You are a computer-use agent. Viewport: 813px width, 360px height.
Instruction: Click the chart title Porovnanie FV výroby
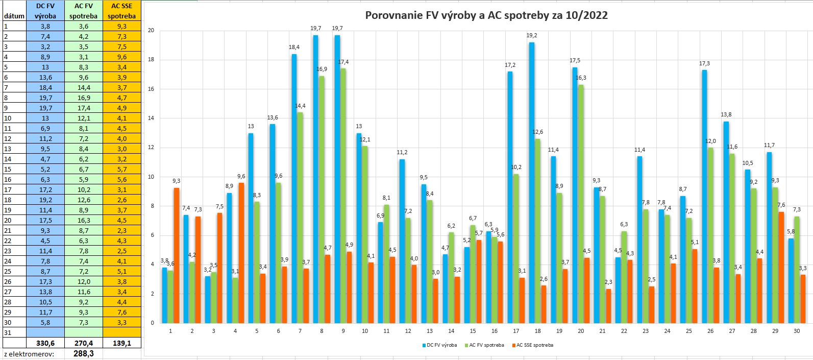tap(486, 15)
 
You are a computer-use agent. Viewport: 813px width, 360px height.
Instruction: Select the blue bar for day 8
tap(316, 179)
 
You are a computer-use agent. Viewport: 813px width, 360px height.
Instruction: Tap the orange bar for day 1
tap(176, 255)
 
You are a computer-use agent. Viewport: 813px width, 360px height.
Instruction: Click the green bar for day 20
tap(581, 204)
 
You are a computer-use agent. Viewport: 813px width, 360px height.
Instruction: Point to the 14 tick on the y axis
tap(151, 118)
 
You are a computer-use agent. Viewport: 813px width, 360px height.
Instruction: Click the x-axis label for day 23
tap(646, 331)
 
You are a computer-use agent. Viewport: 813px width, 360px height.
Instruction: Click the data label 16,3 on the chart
tap(581, 78)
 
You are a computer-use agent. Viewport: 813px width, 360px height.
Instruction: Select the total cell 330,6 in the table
tap(45, 343)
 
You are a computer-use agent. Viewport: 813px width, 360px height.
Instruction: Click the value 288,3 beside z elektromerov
tap(84, 353)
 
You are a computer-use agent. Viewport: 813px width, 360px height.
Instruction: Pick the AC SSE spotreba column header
tap(122, 11)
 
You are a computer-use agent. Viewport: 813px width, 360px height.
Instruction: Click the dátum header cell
tap(14, 16)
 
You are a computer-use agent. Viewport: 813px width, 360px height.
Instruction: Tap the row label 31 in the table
tap(7, 332)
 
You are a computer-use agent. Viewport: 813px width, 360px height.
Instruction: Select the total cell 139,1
tap(122, 343)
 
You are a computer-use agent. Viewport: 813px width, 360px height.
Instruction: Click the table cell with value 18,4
tap(45, 87)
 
